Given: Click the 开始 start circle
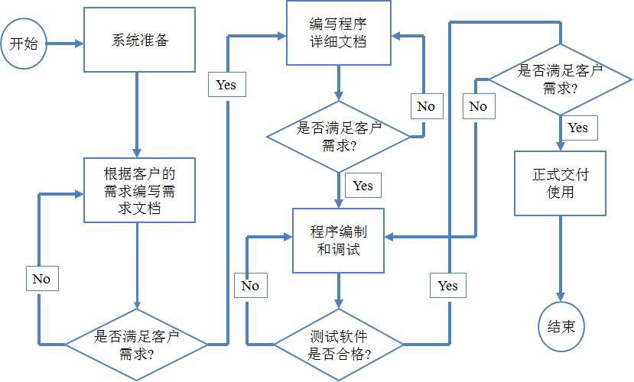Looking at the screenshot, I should [23, 44].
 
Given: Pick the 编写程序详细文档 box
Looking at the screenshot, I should [339, 33].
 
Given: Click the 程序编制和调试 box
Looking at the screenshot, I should [339, 239].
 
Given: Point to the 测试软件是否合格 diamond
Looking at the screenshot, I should [339, 345].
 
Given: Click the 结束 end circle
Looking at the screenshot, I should [561, 327].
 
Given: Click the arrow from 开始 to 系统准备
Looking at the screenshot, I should [64, 44].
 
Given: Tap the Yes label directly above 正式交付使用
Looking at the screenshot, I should [578, 128].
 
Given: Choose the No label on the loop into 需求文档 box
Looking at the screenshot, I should [41, 279].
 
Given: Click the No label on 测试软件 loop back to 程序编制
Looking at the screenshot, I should [250, 286].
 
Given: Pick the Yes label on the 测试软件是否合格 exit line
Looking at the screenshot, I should [448, 285].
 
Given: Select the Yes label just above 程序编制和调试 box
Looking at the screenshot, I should [363, 185].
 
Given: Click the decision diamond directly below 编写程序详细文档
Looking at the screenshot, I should [339, 136].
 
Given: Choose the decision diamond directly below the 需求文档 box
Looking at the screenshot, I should [136, 345].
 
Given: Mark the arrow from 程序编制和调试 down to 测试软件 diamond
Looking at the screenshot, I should [339, 291].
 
